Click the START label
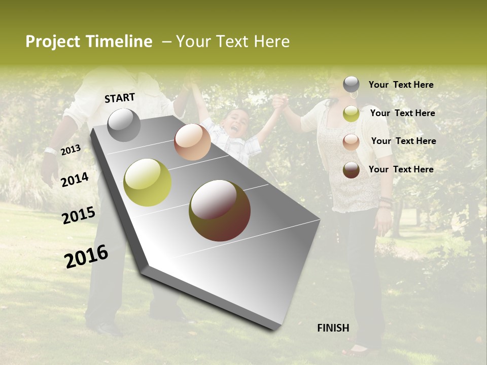pos(120,98)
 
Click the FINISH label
pos(333,328)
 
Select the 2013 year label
pos(71,150)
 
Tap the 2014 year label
pos(75,180)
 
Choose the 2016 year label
pos(86,256)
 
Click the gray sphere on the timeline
pos(124,125)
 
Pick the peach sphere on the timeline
pos(192,142)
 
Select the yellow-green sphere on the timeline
pos(148,182)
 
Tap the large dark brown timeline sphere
pos(220,210)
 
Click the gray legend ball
pos(351,84)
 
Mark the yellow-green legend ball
pos(351,114)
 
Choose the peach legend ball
pos(351,142)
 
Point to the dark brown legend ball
pos(351,170)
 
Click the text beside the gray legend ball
pos(401,85)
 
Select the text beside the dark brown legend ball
pos(401,169)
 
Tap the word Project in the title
pos(53,42)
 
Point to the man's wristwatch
pos(50,151)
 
